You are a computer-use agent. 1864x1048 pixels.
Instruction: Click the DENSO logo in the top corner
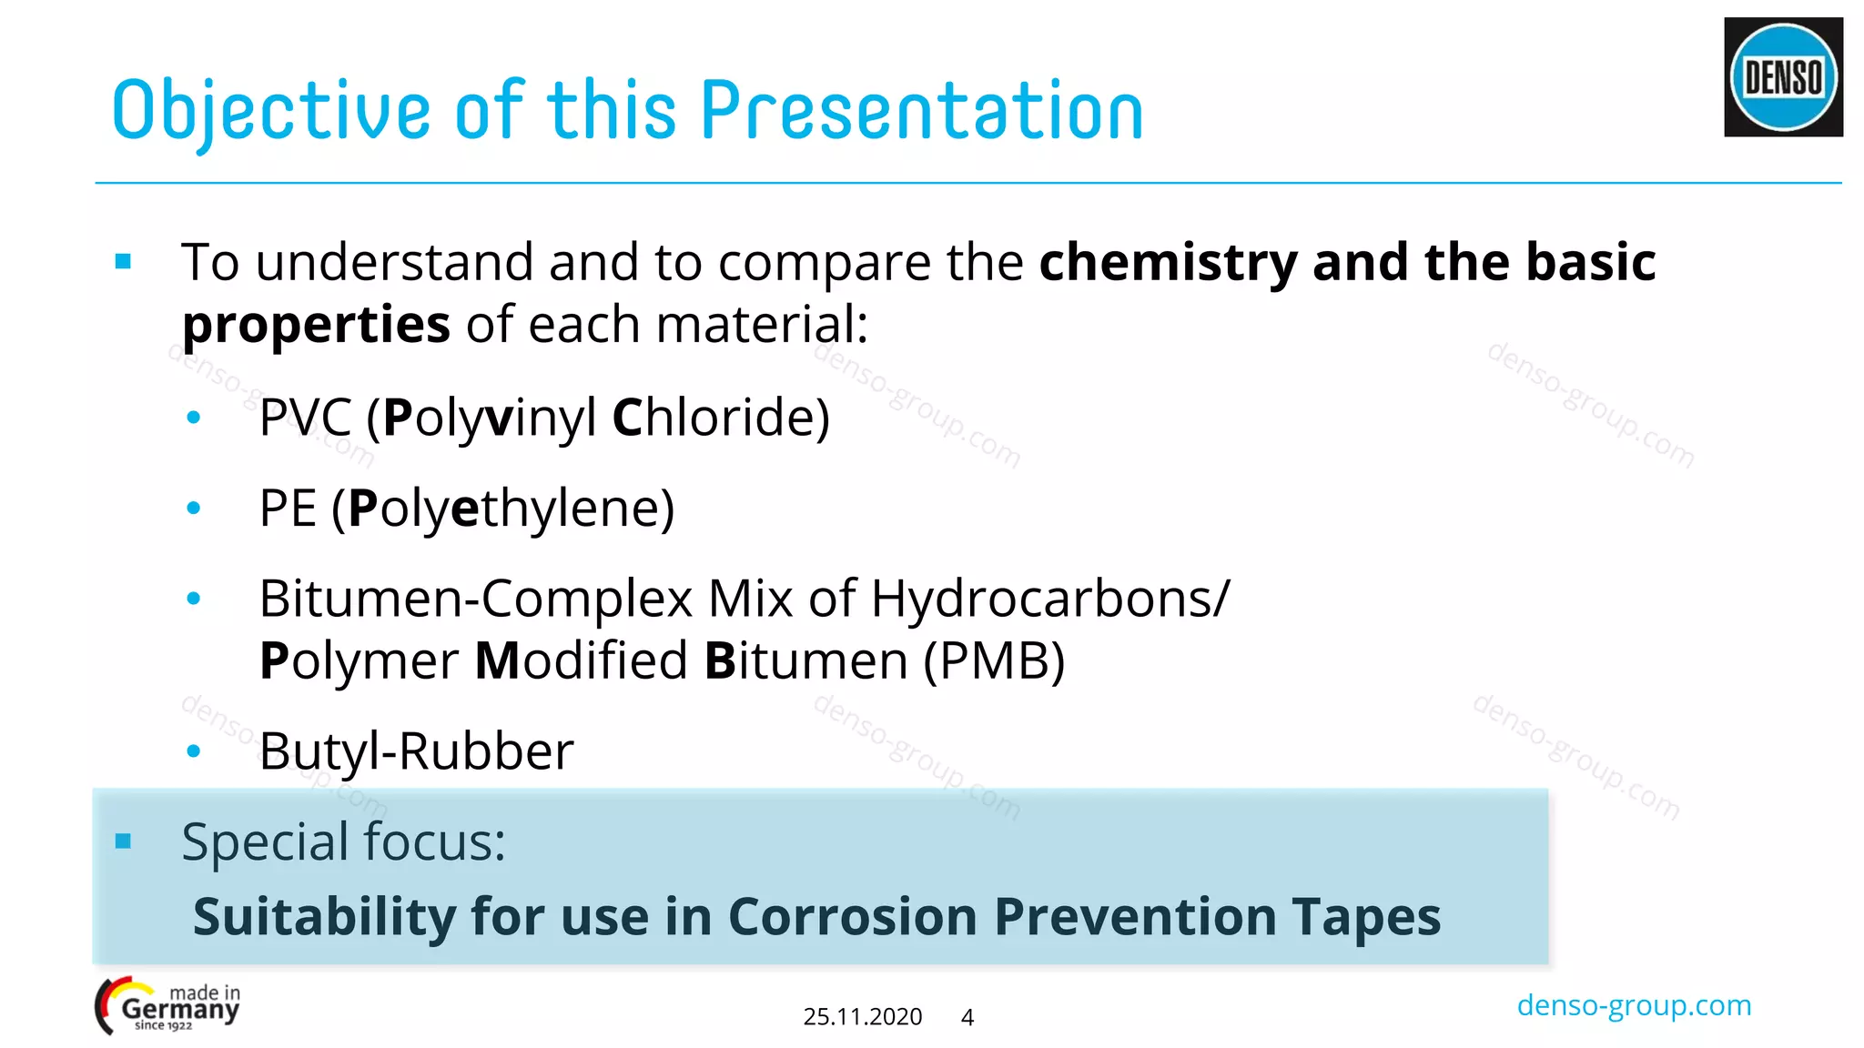[x=1783, y=77]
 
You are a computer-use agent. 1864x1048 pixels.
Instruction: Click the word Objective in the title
[x=270, y=111]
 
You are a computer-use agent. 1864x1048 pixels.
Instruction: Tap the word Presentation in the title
[x=921, y=111]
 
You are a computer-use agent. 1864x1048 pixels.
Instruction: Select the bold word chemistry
[x=1168, y=263]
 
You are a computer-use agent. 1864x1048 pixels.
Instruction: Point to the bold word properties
[x=316, y=325]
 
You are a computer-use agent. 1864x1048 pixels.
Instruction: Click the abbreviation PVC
[x=305, y=418]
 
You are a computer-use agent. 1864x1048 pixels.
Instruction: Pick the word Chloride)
[x=721, y=418]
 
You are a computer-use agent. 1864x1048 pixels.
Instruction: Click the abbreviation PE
[x=288, y=508]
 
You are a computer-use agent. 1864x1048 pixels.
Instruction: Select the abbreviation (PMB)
[x=994, y=660]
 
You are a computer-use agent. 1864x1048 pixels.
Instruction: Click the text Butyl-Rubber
[x=416, y=751]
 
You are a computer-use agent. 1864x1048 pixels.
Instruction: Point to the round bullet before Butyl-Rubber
[x=193, y=751]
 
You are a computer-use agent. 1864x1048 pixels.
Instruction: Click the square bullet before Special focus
[x=124, y=841]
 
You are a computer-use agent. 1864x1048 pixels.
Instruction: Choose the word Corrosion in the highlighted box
[x=852, y=916]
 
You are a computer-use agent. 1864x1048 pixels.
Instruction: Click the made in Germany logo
[x=168, y=1006]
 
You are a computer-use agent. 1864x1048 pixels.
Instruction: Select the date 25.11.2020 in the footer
[x=862, y=1017]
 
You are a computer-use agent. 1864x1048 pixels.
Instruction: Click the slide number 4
[x=967, y=1017]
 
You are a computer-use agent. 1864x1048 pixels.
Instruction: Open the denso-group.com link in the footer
[x=1634, y=1005]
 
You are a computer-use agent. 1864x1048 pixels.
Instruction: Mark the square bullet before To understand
[x=124, y=263]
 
